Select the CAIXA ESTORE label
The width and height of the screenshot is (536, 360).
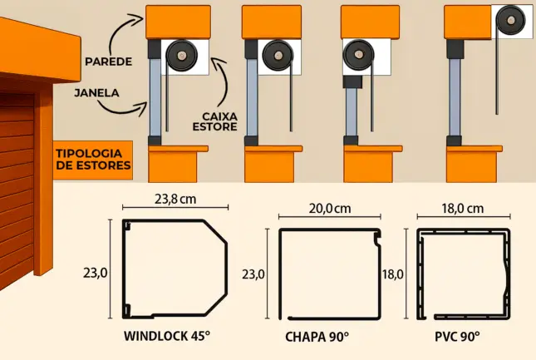tap(220, 121)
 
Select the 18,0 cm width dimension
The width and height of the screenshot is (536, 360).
tap(462, 208)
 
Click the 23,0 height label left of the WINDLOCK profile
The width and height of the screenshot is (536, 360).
tap(96, 272)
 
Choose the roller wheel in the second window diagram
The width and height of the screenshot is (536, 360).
tap(273, 57)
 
